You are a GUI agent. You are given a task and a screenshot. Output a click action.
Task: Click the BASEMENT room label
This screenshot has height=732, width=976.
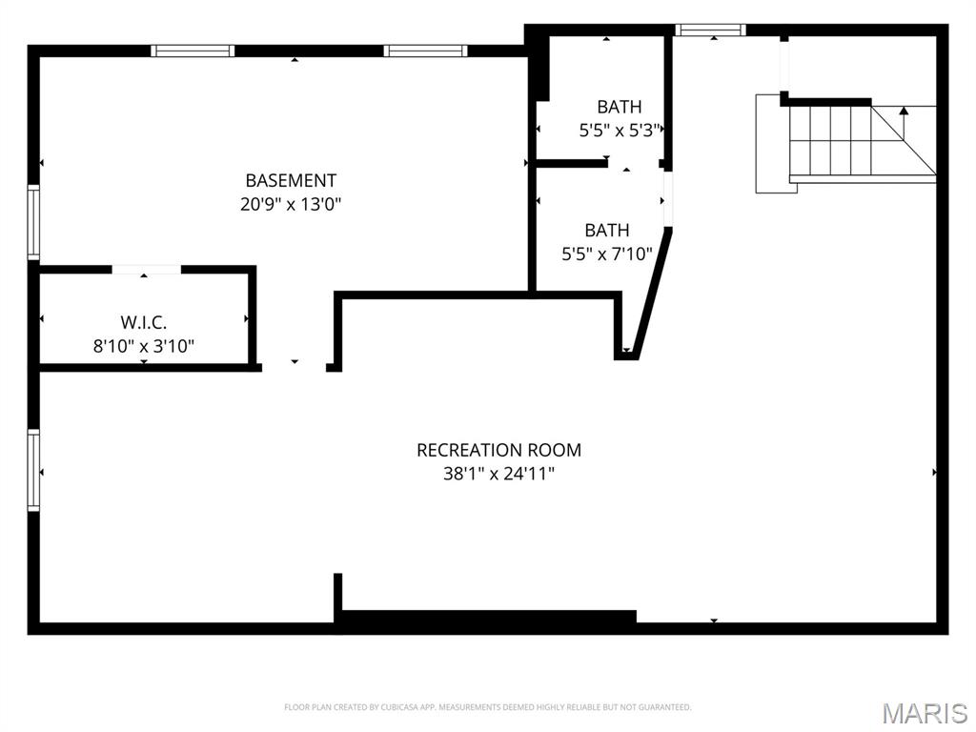(x=291, y=180)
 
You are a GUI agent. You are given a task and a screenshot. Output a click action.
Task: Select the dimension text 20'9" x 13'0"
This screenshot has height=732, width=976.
(x=291, y=203)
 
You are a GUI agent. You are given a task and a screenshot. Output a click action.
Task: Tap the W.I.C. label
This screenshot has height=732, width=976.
(x=144, y=323)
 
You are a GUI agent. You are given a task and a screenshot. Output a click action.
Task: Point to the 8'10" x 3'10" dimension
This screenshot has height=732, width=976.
(x=144, y=346)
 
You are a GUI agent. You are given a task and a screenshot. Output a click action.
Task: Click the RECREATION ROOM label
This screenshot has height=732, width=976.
(x=498, y=450)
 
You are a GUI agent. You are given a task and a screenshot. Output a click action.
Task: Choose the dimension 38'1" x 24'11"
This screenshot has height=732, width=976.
(x=498, y=473)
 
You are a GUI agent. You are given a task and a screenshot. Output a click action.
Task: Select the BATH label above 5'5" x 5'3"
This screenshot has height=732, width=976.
(x=620, y=107)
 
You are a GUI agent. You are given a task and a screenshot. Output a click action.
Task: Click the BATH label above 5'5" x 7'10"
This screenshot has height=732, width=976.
(x=607, y=230)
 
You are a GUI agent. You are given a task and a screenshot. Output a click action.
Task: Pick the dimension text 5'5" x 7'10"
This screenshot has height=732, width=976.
(x=607, y=254)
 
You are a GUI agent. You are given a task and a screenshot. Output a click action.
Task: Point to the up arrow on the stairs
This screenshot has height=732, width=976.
(x=904, y=112)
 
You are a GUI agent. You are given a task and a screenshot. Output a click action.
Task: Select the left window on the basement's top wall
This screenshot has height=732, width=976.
(x=193, y=51)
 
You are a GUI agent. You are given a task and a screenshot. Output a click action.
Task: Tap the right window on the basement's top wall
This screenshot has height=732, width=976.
(x=425, y=51)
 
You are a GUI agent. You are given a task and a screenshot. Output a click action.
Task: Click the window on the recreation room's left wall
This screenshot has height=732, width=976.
(x=34, y=470)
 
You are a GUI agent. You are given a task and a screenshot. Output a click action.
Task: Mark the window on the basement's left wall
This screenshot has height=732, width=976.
(x=34, y=222)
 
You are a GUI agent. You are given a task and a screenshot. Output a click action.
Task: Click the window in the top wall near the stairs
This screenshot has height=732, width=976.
(x=711, y=30)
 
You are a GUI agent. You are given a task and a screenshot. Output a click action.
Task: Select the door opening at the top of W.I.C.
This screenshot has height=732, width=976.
(x=146, y=270)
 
